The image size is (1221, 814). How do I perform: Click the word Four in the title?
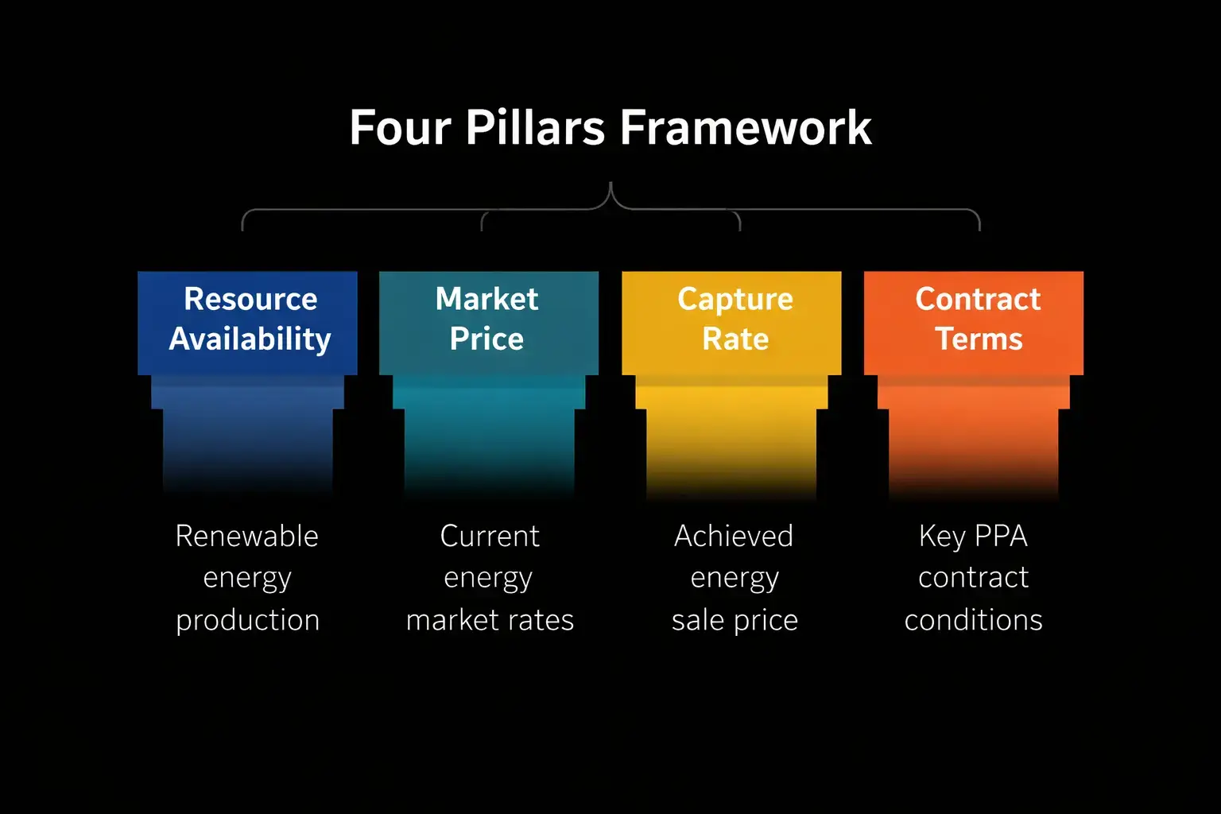pyautogui.click(x=400, y=128)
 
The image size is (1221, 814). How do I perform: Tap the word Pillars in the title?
pyautogui.click(x=535, y=128)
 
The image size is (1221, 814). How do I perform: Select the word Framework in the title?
pyautogui.click(x=746, y=128)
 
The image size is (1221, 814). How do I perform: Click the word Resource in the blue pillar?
pyautogui.click(x=250, y=299)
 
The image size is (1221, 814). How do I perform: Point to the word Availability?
pyautogui.click(x=250, y=339)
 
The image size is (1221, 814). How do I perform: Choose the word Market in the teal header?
pyautogui.click(x=486, y=299)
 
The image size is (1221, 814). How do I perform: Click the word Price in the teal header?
pyautogui.click(x=486, y=339)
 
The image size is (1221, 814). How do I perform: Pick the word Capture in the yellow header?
pyautogui.click(x=735, y=300)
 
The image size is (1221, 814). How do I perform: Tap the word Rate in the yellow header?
pyautogui.click(x=735, y=339)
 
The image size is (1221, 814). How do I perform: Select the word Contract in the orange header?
pyautogui.click(x=978, y=299)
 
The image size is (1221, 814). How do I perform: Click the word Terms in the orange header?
pyautogui.click(x=979, y=339)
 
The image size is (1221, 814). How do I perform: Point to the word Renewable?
pyautogui.click(x=247, y=537)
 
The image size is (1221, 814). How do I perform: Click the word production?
pyautogui.click(x=248, y=621)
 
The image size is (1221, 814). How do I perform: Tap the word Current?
pyautogui.click(x=490, y=537)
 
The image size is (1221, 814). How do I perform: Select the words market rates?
pyautogui.click(x=490, y=620)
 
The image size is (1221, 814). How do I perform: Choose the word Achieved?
pyautogui.click(x=734, y=537)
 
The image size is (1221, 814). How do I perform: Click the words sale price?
pyautogui.click(x=735, y=620)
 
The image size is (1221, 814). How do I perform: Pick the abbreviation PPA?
pyautogui.click(x=1001, y=537)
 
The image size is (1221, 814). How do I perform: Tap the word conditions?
pyautogui.click(x=973, y=620)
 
